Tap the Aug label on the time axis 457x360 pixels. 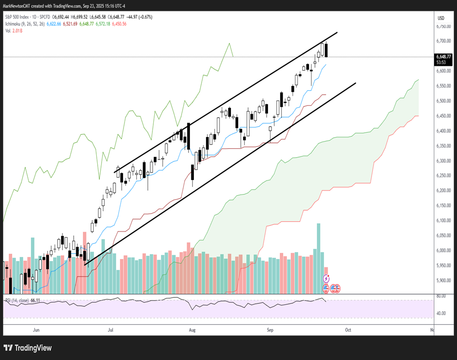(x=192, y=330)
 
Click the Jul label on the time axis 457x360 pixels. (x=110, y=330)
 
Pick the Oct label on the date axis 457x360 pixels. (x=348, y=330)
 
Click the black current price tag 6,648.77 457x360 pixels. (x=444, y=57)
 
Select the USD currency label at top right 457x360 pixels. (x=441, y=18)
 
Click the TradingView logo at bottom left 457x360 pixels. (x=28, y=348)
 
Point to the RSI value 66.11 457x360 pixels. (x=35, y=301)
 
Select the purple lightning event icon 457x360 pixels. (x=326, y=278)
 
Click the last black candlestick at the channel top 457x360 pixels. (x=326, y=50)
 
